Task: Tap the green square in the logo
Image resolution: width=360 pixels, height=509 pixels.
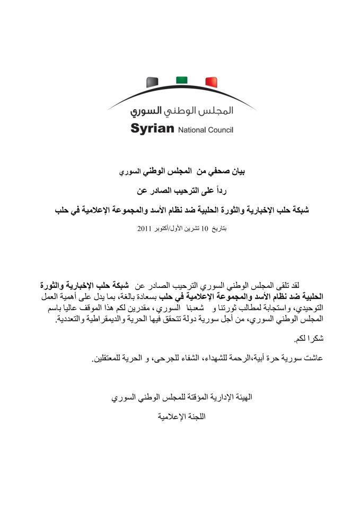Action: point(182,80)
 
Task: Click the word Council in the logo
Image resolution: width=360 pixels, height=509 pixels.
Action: point(221,130)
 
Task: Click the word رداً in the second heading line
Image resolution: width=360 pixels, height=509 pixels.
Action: point(231,191)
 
